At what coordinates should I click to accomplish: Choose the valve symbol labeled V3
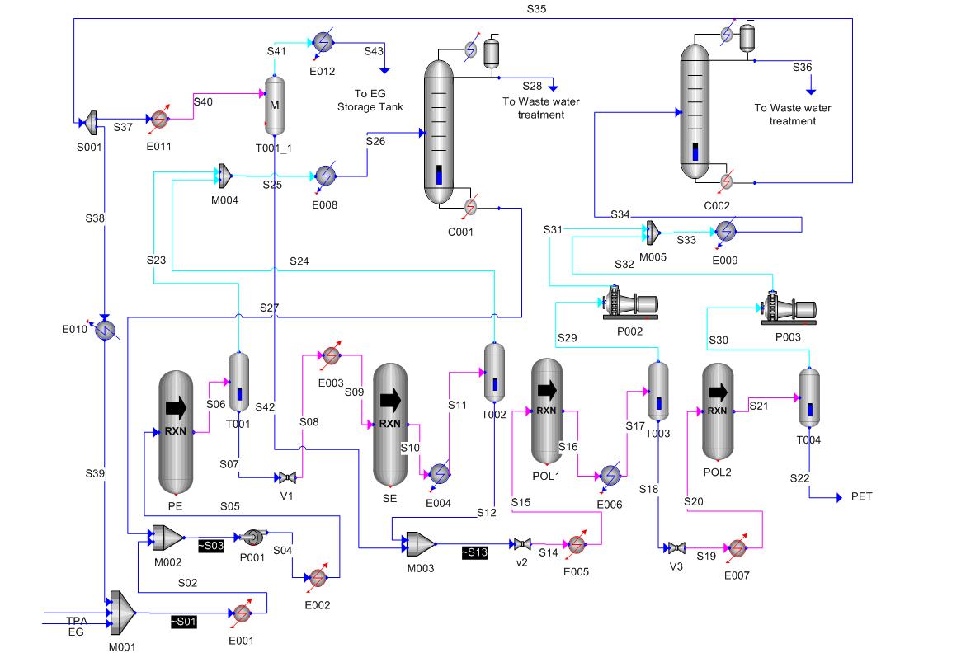point(676,547)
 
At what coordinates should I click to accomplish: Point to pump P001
point(248,538)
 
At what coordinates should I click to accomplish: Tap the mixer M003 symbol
point(421,543)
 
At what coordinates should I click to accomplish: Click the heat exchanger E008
point(326,176)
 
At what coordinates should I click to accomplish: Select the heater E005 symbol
point(575,544)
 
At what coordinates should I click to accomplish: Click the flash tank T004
point(809,397)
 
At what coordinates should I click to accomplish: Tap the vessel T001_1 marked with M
point(275,106)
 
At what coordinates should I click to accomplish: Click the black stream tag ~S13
point(474,552)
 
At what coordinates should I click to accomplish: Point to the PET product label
point(860,496)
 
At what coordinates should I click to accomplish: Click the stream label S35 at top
point(536,9)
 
